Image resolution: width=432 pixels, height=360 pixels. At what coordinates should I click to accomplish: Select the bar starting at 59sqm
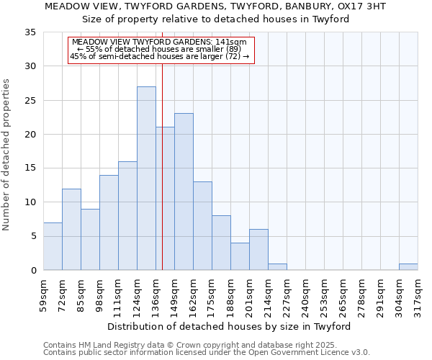pyautogui.click(x=53, y=246)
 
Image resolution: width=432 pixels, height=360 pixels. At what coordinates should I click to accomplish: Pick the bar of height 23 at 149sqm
pyautogui.click(x=184, y=192)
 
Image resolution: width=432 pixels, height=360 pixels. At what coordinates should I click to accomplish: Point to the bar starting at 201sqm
pyautogui.click(x=258, y=250)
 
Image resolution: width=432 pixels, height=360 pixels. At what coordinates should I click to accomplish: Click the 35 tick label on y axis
pyautogui.click(x=30, y=32)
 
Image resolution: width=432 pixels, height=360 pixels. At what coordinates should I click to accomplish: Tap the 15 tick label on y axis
pyautogui.click(x=30, y=168)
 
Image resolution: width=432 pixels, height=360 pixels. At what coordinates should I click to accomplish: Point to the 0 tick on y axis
pyautogui.click(x=33, y=271)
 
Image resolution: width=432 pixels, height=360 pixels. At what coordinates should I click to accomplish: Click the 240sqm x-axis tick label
pyautogui.click(x=305, y=294)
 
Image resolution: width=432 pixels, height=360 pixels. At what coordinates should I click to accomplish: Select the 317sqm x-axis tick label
pyautogui.click(x=418, y=294)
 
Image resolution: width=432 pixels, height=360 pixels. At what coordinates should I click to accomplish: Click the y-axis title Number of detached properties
pyautogui.click(x=7, y=155)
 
